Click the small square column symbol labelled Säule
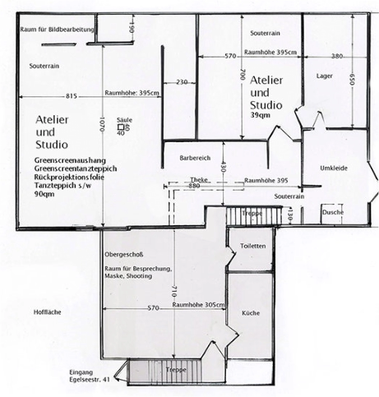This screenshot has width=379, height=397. (121, 127)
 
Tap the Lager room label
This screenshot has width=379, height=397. (325, 76)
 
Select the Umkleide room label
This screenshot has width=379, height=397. (334, 168)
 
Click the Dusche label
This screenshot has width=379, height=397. (333, 212)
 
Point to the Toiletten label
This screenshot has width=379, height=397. (253, 246)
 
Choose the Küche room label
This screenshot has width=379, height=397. (251, 313)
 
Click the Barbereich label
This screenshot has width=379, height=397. (195, 158)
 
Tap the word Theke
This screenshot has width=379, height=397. (199, 180)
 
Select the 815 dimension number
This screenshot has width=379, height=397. (72, 96)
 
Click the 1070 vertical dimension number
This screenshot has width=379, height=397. (102, 124)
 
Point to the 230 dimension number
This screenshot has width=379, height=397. (182, 82)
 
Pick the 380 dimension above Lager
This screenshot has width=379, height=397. (337, 56)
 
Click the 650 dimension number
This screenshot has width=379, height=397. (353, 80)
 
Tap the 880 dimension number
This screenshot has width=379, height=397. (194, 186)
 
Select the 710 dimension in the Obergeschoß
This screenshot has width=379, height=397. (173, 291)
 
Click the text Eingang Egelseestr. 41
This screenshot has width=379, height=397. (90, 376)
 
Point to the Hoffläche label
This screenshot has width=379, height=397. (48, 312)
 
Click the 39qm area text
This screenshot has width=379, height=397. (261, 115)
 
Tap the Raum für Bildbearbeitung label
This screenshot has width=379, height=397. (58, 30)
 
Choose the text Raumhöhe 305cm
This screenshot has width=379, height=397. (199, 305)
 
